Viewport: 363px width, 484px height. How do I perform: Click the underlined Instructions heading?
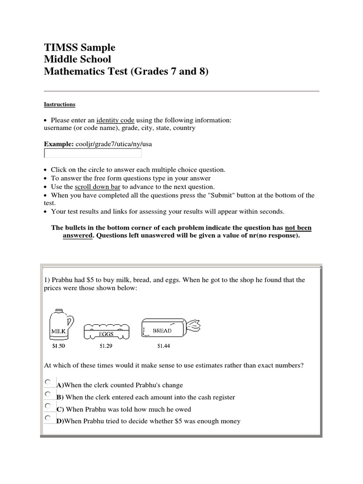(60, 104)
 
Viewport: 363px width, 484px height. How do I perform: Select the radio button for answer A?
(48, 382)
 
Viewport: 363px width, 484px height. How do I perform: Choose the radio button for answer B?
(48, 394)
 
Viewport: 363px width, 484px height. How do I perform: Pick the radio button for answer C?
(48, 406)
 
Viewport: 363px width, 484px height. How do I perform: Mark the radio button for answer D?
(48, 418)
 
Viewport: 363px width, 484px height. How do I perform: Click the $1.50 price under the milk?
(59, 346)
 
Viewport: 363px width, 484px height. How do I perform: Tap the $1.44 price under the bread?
(164, 346)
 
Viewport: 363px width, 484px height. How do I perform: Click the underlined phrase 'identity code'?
(115, 121)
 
